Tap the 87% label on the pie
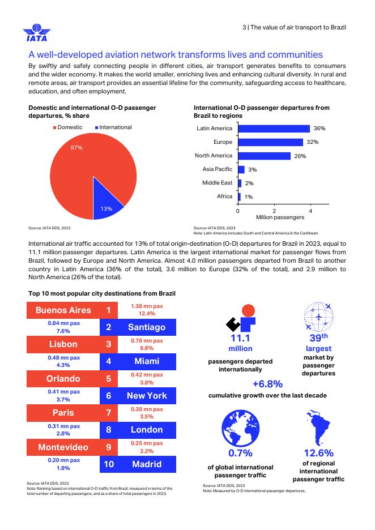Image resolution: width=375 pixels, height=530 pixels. (x=76, y=147)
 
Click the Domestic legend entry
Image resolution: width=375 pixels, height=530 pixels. (x=68, y=127)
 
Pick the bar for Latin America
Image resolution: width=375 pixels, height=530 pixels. (x=274, y=129)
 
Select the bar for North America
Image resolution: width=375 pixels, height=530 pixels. (x=264, y=156)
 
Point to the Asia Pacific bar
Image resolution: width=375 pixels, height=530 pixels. (x=241, y=169)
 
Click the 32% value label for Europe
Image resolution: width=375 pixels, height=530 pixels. (x=313, y=142)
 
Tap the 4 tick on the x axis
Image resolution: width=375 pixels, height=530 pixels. (x=310, y=210)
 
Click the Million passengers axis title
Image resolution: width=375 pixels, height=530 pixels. (x=280, y=217)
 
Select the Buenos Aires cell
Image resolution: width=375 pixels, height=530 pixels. (x=63, y=310)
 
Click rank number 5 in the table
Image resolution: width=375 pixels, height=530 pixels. (x=108, y=378)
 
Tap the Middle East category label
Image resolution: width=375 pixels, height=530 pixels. (x=217, y=183)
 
